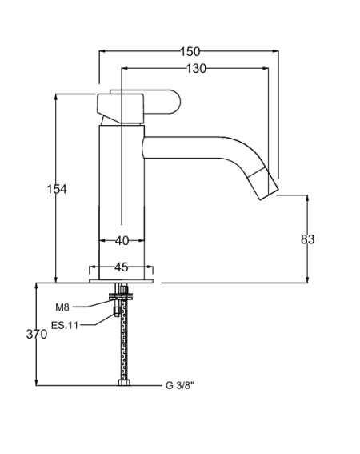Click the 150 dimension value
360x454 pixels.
coord(190,52)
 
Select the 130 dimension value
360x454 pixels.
coord(196,69)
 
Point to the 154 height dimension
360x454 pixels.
coord(57,189)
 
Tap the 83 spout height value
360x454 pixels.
coord(307,239)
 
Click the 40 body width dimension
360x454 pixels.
coord(122,240)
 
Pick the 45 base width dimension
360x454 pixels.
coord(122,267)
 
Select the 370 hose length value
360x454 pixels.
coord(37,335)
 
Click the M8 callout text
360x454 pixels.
coord(62,307)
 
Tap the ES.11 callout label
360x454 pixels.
coord(65,325)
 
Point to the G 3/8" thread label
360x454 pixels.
coord(180,385)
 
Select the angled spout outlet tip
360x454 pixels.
coord(269,194)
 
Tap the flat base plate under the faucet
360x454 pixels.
coord(122,281)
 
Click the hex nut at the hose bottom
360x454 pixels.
coord(124,383)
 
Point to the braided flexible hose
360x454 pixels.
coord(124,339)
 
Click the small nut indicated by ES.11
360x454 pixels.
coord(117,311)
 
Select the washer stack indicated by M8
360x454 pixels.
coord(122,296)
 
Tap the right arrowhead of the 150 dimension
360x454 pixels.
coord(276,51)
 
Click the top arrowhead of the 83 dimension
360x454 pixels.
coord(307,198)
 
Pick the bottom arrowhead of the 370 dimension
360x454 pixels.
coord(37,382)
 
